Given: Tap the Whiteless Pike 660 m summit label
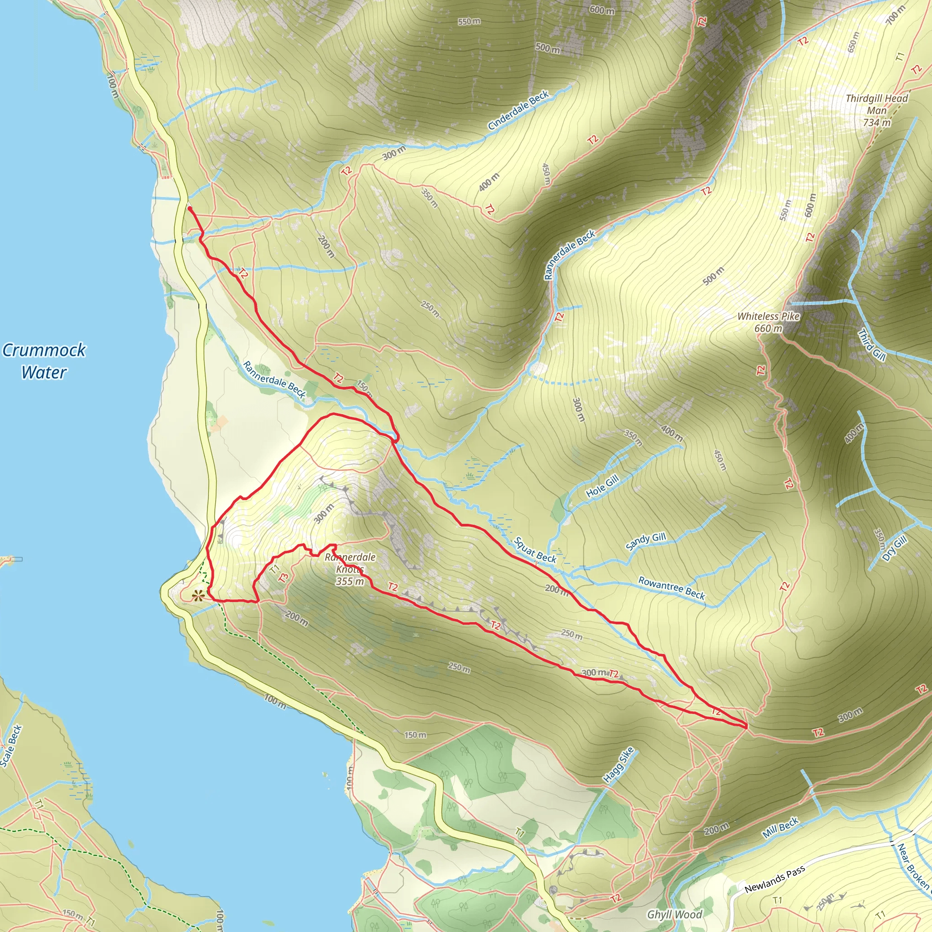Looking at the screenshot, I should click(x=768, y=322).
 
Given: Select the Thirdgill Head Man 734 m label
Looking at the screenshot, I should click(x=876, y=111).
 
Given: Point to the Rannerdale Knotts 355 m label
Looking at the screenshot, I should click(x=350, y=569).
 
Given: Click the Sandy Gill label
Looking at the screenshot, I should click(x=645, y=541).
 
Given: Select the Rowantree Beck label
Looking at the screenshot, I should click(x=672, y=588).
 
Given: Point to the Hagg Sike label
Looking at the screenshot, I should click(x=618, y=765).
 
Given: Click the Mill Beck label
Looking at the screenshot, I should click(x=780, y=827).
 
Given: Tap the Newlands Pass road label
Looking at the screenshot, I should click(x=775, y=879).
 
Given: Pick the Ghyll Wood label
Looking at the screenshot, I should click(x=674, y=915).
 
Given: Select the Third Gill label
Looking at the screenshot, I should click(x=871, y=344).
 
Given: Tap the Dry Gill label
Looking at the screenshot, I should click(x=895, y=548).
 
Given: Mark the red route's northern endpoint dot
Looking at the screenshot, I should click(x=190, y=208).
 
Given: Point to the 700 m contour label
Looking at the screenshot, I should click(x=895, y=15).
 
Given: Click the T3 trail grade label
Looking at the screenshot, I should click(x=284, y=578).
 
